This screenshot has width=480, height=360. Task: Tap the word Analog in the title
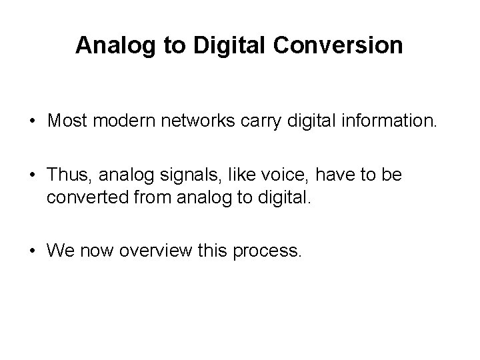pyautogui.click(x=109, y=45)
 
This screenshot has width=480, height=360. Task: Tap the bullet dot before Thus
pyautogui.click(x=32, y=175)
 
